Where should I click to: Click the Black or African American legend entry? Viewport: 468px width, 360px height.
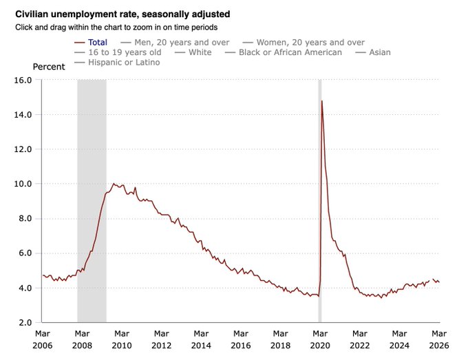pyautogui.click(x=290, y=53)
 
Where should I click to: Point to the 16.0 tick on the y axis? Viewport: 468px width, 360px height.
pyautogui.click(x=24, y=80)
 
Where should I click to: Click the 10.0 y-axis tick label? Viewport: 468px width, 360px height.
pyautogui.click(x=24, y=184)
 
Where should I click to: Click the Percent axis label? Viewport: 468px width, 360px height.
pyautogui.click(x=49, y=67)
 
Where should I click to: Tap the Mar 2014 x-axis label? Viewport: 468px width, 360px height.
pyautogui.click(x=202, y=338)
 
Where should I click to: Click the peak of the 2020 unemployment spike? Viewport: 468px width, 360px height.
pyautogui.click(x=322, y=101)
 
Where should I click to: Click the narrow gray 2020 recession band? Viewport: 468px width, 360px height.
pyautogui.click(x=319, y=207)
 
